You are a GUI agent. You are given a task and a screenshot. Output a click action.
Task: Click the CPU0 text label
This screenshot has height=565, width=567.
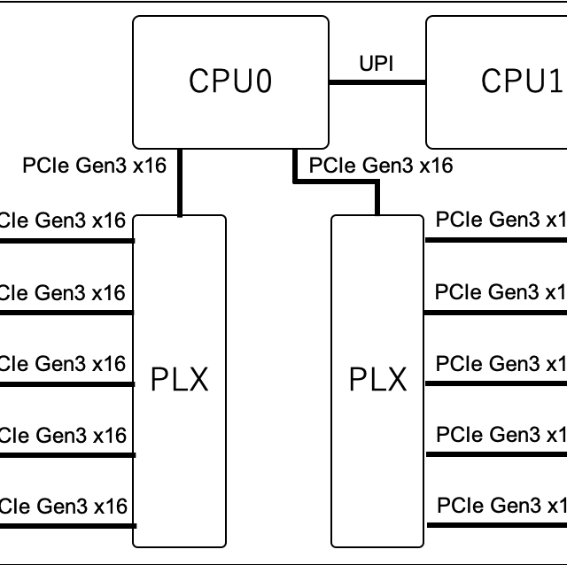pyautogui.click(x=230, y=81)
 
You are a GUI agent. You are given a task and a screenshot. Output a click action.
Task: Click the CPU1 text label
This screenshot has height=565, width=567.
pyautogui.click(x=522, y=81)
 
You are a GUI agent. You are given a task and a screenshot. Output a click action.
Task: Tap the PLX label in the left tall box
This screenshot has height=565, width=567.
pyautogui.click(x=179, y=380)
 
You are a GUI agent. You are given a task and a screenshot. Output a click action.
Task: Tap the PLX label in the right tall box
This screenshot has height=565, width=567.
pyautogui.click(x=377, y=380)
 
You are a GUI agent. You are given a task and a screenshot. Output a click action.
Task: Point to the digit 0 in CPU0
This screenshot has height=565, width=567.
pyautogui.click(x=263, y=81)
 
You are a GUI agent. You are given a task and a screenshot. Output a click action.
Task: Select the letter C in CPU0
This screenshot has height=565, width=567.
pyautogui.click(x=198, y=81)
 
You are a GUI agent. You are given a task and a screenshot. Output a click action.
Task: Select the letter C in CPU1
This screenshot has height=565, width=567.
pyautogui.click(x=491, y=81)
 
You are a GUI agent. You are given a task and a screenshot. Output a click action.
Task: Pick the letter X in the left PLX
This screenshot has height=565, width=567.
pyautogui.click(x=198, y=380)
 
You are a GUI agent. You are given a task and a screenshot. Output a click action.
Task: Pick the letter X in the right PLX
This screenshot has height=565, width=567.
pyautogui.click(x=396, y=380)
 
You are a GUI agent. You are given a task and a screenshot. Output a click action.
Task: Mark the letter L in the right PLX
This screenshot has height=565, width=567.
pyautogui.click(x=377, y=380)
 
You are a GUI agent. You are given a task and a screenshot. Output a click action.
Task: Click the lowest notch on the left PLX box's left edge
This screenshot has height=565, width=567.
pyautogui.click(x=135, y=525)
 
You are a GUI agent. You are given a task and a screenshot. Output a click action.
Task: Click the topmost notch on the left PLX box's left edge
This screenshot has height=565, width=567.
pyautogui.click(x=135, y=241)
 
